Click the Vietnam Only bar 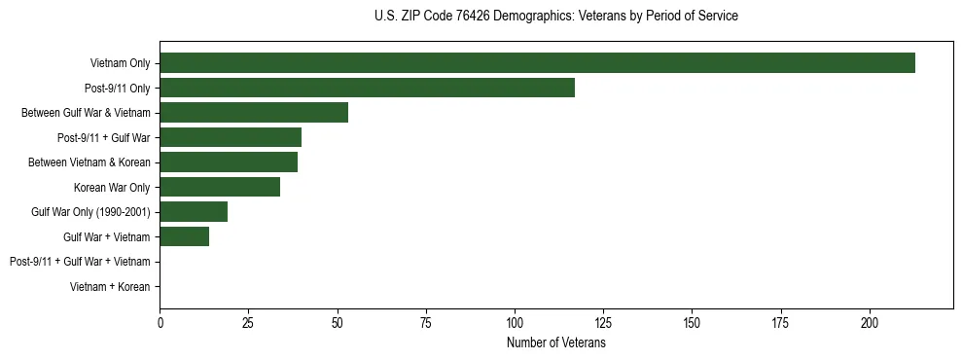537,63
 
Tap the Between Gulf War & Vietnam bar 254,113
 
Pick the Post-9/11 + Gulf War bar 231,137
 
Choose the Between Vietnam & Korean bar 229,162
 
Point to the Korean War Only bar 220,187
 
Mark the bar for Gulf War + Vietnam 184,236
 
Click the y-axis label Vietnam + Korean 110,287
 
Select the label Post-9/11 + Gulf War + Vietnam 80,262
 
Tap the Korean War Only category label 112,187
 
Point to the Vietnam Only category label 120,63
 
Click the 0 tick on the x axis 160,321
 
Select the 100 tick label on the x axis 515,321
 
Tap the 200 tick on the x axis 869,321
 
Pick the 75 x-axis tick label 426,321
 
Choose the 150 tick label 692,321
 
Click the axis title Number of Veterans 556,342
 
